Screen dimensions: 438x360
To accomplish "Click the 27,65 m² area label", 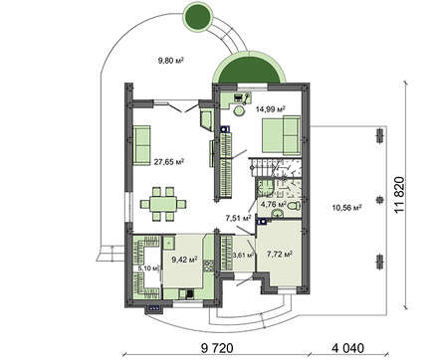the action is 169,162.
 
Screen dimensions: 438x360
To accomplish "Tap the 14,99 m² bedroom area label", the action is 271,108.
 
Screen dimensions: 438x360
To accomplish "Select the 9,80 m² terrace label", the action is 170,61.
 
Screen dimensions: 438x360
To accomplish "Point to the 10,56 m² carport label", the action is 346,208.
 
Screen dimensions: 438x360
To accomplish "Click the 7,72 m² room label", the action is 280,254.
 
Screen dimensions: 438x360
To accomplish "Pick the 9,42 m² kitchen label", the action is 184,260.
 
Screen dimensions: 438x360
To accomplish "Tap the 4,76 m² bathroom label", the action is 274,204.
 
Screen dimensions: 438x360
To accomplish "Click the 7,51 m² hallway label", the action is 238,218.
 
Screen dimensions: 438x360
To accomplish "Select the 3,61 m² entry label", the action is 244,255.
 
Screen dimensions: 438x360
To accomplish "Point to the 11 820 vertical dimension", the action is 400,195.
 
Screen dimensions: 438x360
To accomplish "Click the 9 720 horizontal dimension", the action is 217,348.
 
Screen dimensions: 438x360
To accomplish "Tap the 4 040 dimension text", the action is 347,348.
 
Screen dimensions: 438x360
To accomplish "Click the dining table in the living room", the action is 163,204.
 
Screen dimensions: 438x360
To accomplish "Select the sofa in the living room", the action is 141,145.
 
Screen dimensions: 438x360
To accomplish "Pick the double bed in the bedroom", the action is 282,135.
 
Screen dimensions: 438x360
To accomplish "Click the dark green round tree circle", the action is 198,16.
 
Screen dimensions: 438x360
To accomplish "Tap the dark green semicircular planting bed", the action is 249,70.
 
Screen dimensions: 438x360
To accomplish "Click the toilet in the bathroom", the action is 294,206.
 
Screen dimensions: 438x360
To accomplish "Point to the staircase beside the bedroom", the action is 275,168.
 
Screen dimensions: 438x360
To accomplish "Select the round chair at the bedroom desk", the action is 238,111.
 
